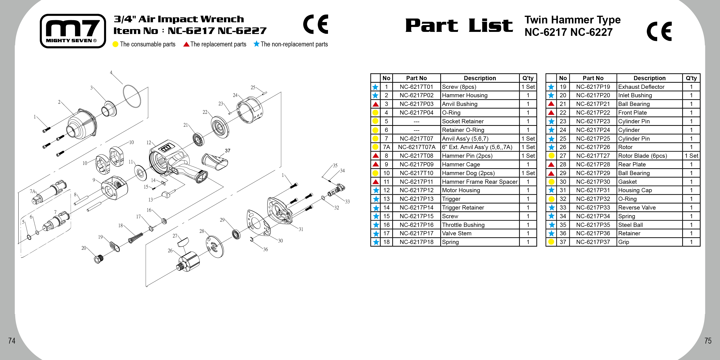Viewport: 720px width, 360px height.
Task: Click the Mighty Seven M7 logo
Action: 73,31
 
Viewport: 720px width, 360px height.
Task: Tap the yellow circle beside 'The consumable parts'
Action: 115,44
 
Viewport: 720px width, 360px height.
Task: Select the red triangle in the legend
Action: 186,44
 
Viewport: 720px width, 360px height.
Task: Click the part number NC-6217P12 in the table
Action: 416,190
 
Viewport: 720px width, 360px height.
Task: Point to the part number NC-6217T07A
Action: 416,147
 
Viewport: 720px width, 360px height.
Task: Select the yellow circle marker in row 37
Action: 551,242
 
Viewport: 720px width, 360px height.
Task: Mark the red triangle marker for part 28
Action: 551,164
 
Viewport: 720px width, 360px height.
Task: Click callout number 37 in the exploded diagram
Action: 227,151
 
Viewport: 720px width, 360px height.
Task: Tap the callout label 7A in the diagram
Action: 33,191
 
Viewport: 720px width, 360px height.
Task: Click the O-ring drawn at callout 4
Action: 132,96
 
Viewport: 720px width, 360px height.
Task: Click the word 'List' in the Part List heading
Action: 490,26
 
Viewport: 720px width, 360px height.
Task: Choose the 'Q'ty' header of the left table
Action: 528,78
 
